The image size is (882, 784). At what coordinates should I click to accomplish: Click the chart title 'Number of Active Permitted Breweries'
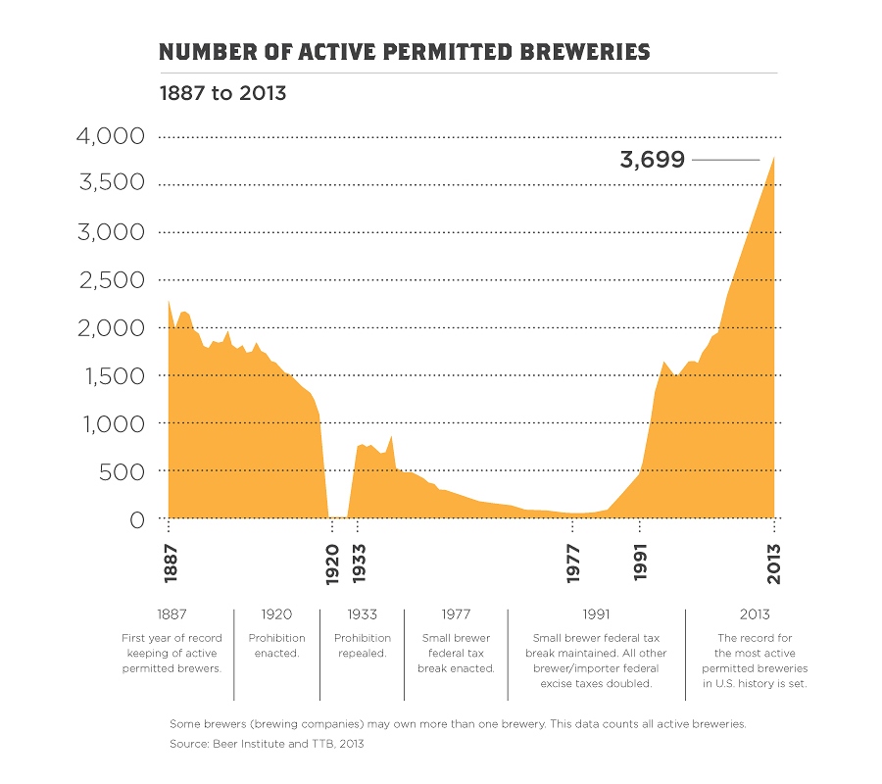pyautogui.click(x=404, y=51)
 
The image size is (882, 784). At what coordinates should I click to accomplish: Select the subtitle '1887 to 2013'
pyautogui.click(x=222, y=93)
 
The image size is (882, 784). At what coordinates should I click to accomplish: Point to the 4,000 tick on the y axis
pyautogui.click(x=110, y=136)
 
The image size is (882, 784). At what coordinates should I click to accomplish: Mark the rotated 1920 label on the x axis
pyautogui.click(x=334, y=564)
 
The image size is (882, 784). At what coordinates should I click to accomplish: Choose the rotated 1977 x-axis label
pyautogui.click(x=572, y=564)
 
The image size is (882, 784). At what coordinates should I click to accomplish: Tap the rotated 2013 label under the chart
pyautogui.click(x=774, y=564)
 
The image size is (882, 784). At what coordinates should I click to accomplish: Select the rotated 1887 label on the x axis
pyautogui.click(x=170, y=564)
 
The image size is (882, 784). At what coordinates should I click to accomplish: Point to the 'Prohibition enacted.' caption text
pyautogui.click(x=276, y=645)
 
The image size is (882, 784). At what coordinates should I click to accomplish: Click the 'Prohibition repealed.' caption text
pyautogui.click(x=362, y=645)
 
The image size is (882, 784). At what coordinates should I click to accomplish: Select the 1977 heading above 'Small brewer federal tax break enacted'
pyautogui.click(x=456, y=614)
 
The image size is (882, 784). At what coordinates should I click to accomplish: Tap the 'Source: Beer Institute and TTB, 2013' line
pyautogui.click(x=267, y=744)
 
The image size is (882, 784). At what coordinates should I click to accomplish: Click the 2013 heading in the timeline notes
pyautogui.click(x=755, y=614)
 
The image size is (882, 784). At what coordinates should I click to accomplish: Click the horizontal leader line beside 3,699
pyautogui.click(x=725, y=160)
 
